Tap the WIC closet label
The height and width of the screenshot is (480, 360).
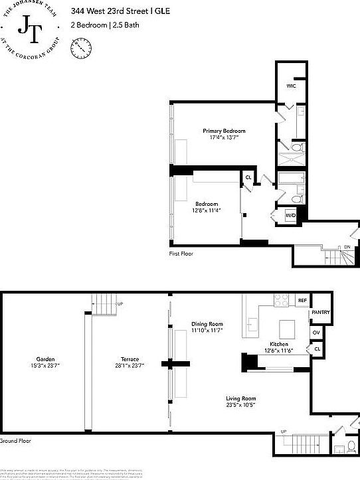292,86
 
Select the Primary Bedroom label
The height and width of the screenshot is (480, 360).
224,131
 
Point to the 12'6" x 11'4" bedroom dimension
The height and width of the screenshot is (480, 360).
207,210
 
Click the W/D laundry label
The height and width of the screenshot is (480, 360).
290,216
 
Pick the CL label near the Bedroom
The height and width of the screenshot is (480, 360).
248,177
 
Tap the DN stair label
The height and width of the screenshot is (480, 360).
347,248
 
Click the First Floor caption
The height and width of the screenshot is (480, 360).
182,254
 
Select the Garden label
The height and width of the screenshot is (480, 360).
43,359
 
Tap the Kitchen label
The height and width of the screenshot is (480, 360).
278,344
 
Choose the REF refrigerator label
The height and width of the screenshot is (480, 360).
302,301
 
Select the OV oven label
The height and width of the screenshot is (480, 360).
316,332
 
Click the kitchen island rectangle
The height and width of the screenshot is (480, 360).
286,328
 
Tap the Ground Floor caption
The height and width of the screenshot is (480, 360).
15,441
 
